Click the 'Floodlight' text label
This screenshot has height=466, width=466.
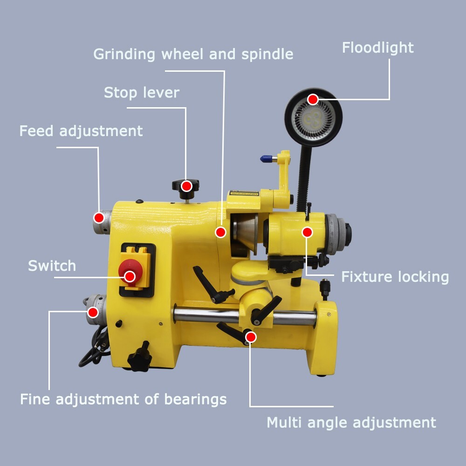377,48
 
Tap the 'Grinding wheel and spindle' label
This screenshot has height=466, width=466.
193,54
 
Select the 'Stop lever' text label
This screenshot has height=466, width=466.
141,92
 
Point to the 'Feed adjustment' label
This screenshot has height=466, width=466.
81,131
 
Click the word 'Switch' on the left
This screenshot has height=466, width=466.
52,266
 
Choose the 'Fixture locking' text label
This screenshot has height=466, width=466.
395,277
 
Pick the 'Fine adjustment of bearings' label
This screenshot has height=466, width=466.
123,399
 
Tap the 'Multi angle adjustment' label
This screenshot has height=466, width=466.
351,423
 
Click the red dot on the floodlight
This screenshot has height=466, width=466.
313,99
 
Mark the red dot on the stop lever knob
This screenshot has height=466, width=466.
186,186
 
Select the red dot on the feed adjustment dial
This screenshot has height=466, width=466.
99,217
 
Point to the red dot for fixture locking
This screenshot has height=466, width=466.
307,232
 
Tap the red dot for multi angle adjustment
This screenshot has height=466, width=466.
251,336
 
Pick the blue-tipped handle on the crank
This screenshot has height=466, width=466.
266,159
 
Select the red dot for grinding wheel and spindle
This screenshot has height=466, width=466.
221,232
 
